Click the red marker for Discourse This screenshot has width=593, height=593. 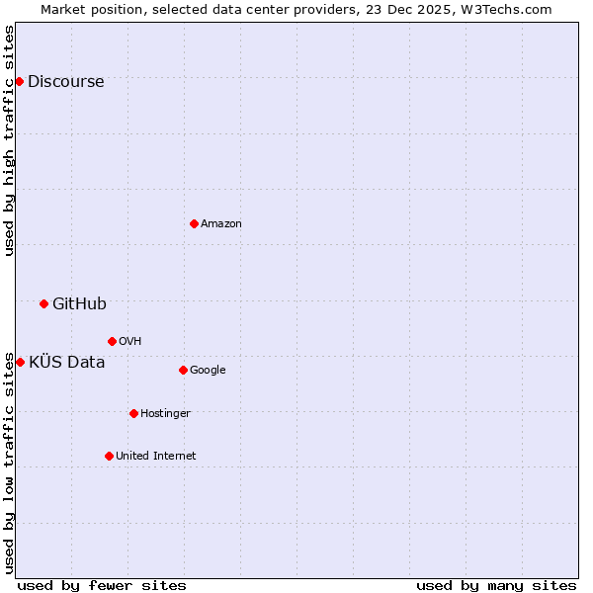click(x=20, y=81)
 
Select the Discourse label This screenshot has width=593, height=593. click(x=65, y=82)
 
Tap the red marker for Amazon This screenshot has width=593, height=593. click(x=194, y=223)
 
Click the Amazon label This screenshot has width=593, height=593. click(x=220, y=224)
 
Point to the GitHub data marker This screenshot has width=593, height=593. click(x=43, y=303)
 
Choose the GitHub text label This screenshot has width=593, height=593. click(x=79, y=304)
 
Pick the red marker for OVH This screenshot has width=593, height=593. click(x=112, y=341)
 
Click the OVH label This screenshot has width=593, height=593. click(x=129, y=342)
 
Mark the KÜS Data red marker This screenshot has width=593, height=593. click(x=20, y=362)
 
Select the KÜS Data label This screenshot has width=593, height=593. click(x=66, y=362)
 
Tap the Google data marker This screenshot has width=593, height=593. click(x=183, y=370)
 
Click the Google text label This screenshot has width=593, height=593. click(x=208, y=371)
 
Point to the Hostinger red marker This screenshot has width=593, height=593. click(x=133, y=413)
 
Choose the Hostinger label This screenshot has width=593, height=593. click(x=165, y=414)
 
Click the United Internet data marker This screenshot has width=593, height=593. click(x=109, y=456)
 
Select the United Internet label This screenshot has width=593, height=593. click(x=155, y=457)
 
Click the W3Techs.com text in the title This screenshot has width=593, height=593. click(x=510, y=10)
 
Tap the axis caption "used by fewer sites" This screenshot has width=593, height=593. click(x=102, y=585)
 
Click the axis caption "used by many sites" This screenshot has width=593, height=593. click(x=496, y=585)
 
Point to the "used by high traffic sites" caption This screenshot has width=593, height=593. click(x=10, y=140)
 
